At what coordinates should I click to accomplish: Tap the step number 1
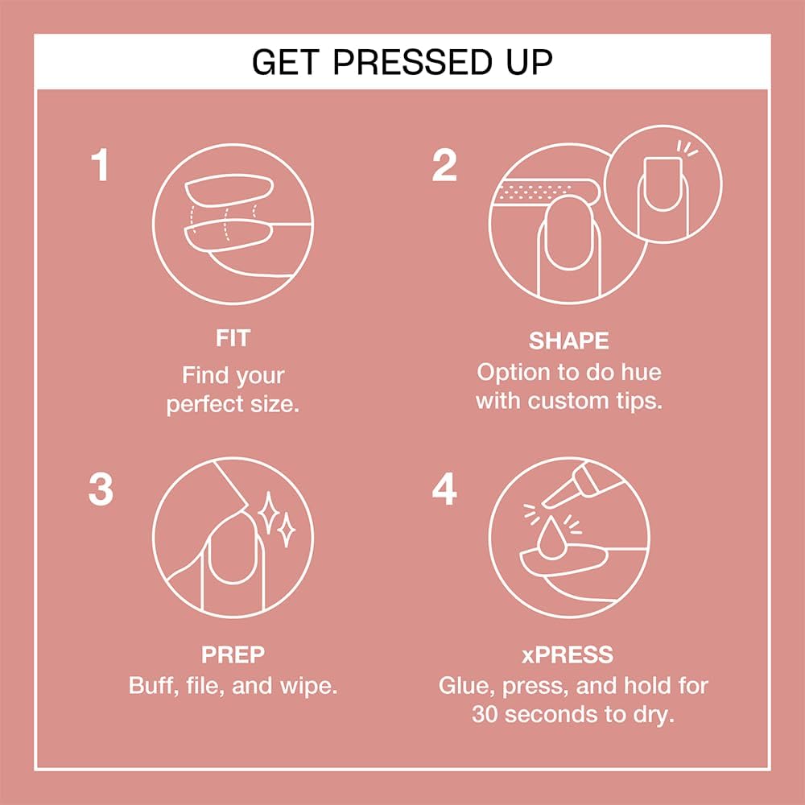[100, 165]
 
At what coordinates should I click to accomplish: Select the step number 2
[444, 165]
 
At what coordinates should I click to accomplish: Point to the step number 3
[101, 489]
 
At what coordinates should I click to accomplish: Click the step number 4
[444, 489]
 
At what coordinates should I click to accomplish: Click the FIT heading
[233, 338]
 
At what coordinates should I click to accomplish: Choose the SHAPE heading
[569, 341]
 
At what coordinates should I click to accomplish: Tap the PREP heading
[233, 654]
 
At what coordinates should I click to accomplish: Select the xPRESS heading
[568, 654]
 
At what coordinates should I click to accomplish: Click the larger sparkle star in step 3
[267, 512]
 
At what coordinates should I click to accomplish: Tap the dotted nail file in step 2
[545, 192]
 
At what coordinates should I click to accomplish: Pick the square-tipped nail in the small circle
[663, 184]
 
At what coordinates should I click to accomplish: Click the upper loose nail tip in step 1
[229, 189]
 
